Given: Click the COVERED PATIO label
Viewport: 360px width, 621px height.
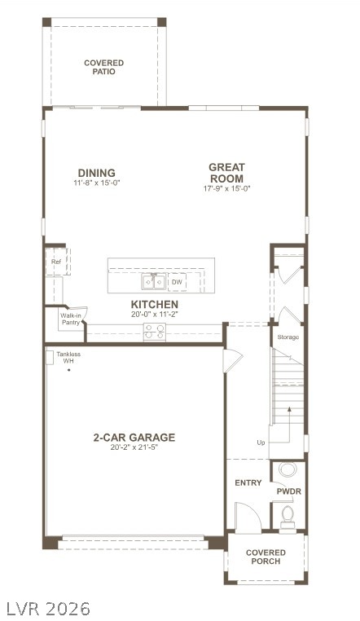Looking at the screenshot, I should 104,67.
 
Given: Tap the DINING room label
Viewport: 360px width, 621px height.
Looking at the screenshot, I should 96,173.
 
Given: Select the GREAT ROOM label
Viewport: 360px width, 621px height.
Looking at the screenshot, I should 226,173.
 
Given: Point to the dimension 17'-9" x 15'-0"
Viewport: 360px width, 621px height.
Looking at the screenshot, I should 226,189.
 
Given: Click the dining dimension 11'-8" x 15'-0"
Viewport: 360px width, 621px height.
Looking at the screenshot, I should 96,183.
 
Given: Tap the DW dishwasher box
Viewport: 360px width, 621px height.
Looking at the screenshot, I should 177,282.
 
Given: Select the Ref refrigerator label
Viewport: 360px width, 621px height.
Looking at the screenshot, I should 56,262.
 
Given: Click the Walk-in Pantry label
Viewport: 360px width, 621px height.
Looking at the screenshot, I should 70,319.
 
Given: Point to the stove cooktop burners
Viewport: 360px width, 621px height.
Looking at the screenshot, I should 154,332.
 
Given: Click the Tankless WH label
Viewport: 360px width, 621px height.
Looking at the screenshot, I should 68,358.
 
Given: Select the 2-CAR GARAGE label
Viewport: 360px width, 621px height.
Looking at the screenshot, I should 134,438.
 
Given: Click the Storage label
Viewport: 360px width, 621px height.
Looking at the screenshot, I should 288,337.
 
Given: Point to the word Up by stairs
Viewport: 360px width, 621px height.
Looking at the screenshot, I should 261,443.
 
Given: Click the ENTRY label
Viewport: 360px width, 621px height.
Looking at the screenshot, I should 248,483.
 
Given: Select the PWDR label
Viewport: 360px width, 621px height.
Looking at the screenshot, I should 288,492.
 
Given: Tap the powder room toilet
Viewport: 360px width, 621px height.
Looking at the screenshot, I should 287,514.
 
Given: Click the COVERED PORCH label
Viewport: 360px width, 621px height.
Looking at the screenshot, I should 266,557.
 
